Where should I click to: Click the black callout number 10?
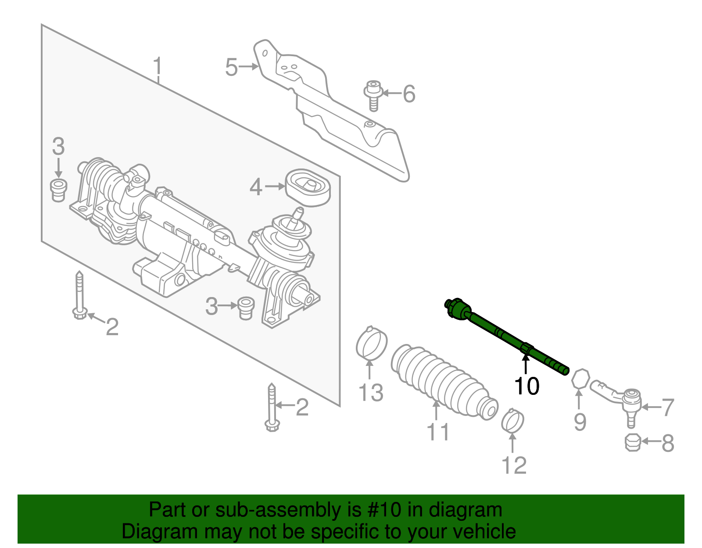[x=526, y=386]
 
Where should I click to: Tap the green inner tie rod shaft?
[x=505, y=336]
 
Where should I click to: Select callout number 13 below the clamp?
[x=371, y=392]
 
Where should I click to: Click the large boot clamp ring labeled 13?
[x=371, y=344]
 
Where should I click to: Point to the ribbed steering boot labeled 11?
[x=441, y=382]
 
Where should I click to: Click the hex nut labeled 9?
[x=580, y=379]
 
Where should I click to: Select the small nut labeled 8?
[x=633, y=443]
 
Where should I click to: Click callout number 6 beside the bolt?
[x=409, y=94]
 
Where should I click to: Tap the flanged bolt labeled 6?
[x=373, y=94]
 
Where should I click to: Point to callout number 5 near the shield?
[x=231, y=68]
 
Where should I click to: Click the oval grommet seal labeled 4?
[x=308, y=187]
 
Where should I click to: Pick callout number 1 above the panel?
[x=158, y=67]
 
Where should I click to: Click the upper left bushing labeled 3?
[x=58, y=190]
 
